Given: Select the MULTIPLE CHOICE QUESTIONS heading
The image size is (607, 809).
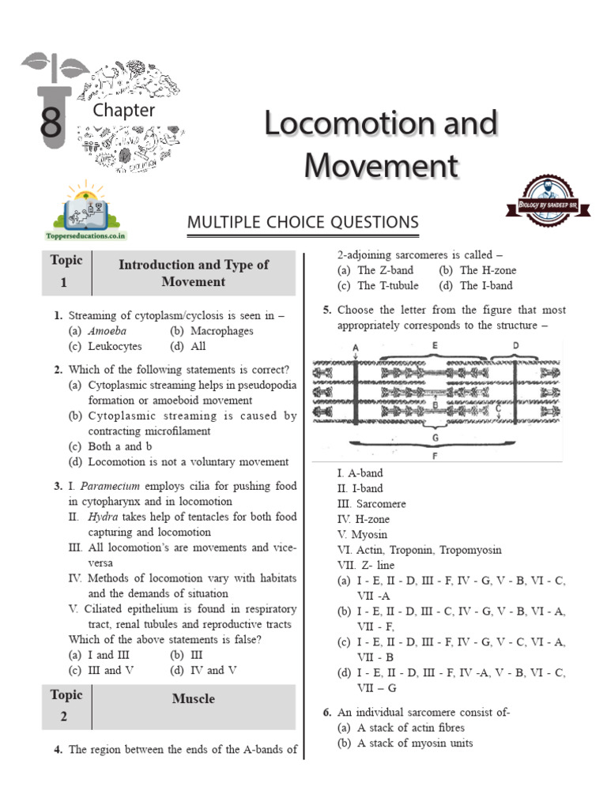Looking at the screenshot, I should tap(303, 224).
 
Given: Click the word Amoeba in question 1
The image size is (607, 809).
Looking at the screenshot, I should tap(107, 331).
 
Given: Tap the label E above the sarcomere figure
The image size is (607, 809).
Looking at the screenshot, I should tap(435, 345).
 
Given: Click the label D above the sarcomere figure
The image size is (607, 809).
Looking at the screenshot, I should tap(515, 345).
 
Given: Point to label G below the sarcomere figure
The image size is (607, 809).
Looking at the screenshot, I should tap(435, 436).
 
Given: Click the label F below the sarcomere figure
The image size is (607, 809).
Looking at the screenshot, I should tap(435, 456).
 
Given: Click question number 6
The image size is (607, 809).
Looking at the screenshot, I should tap(326, 712).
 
